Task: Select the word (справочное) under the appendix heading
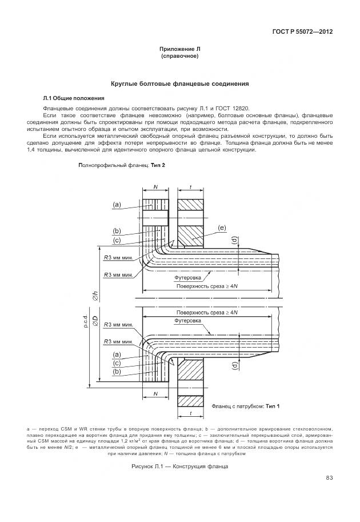click(179, 57)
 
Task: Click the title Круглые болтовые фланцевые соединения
click(179, 84)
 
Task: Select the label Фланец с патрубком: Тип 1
click(246, 406)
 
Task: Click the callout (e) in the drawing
click(222, 228)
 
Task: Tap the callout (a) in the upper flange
click(117, 204)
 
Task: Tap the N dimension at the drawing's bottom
click(155, 395)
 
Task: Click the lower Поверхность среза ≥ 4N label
click(206, 313)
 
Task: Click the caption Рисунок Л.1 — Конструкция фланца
click(179, 467)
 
